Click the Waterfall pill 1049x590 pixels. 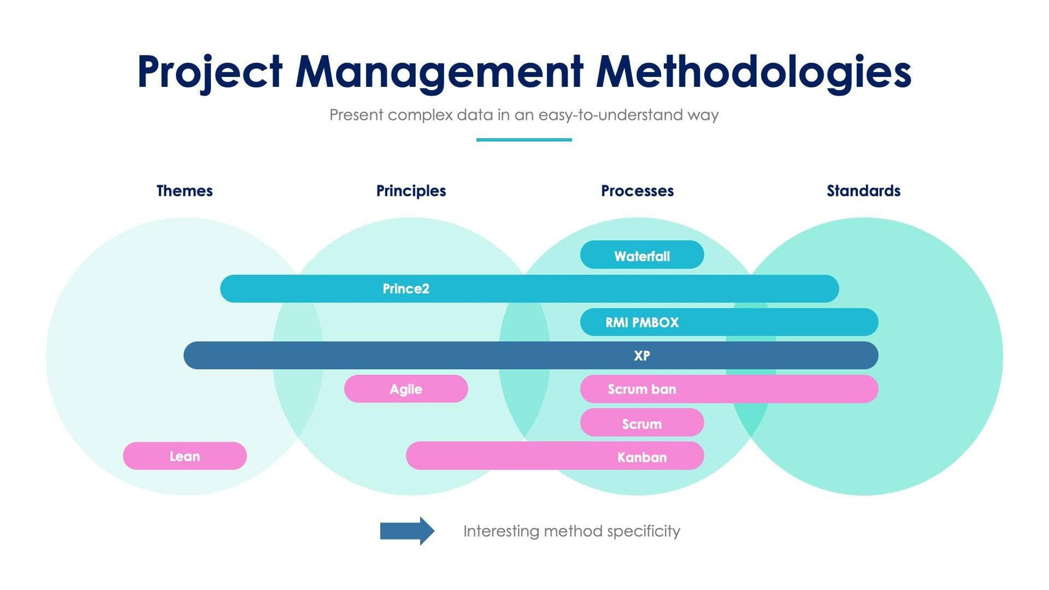pyautogui.click(x=642, y=255)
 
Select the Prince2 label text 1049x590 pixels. pyautogui.click(x=406, y=289)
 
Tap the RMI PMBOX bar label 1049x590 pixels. pyautogui.click(x=642, y=323)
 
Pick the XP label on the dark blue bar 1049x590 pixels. pyautogui.click(x=642, y=356)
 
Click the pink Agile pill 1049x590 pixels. pyautogui.click(x=406, y=389)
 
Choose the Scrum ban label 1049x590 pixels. pyautogui.click(x=642, y=389)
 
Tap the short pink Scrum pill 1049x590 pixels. pyautogui.click(x=642, y=424)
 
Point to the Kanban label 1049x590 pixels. pyautogui.click(x=642, y=457)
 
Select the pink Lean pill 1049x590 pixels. pyautogui.click(x=185, y=456)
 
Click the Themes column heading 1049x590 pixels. pyautogui.click(x=185, y=191)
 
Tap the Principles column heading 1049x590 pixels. pyautogui.click(x=411, y=191)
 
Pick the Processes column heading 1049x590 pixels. pyautogui.click(x=637, y=191)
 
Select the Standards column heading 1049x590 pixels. pyautogui.click(x=863, y=191)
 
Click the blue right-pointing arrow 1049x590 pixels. pyautogui.click(x=407, y=531)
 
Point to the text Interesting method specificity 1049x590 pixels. pyautogui.click(x=571, y=531)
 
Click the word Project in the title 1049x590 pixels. pyautogui.click(x=210, y=71)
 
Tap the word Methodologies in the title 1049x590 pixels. pyautogui.click(x=754, y=71)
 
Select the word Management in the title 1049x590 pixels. pyautogui.click(x=440, y=71)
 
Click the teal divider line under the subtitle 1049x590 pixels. pyautogui.click(x=524, y=139)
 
